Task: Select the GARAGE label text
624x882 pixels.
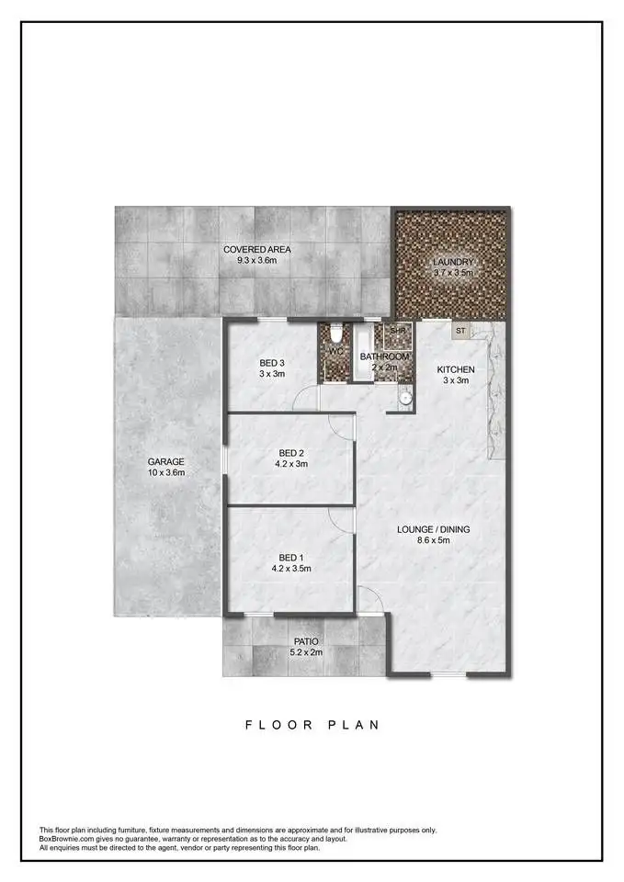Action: coord(166,462)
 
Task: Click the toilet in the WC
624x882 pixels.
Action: coord(336,334)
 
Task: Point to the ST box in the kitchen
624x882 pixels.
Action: coord(459,330)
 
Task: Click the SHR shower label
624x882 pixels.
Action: coord(398,331)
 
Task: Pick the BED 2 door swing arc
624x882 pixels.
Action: coord(341,425)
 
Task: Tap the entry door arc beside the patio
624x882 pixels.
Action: coord(370,601)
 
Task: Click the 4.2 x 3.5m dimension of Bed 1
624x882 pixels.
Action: coord(291,569)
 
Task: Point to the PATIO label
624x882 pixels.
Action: coord(305,642)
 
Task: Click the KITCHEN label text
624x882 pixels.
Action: coord(455,369)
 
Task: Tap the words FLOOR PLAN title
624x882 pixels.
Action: coord(312,725)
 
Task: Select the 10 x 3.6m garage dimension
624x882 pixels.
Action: coord(166,473)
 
